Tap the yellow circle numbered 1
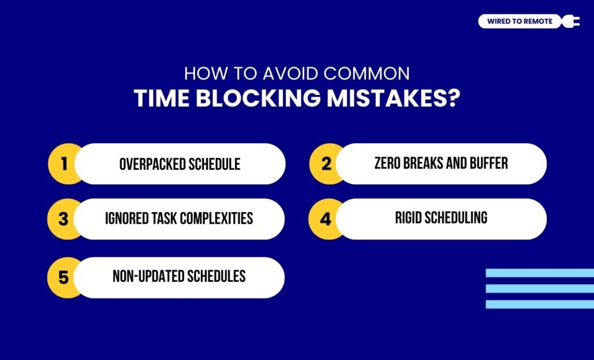pyautogui.click(x=63, y=164)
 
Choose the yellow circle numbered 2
pyautogui.click(x=326, y=164)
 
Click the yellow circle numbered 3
pyautogui.click(x=63, y=219)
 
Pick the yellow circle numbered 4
pyautogui.click(x=326, y=219)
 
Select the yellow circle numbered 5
pyautogui.click(x=63, y=277)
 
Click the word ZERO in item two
pyautogui.click(x=388, y=163)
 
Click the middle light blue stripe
pyautogui.click(x=539, y=289)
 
